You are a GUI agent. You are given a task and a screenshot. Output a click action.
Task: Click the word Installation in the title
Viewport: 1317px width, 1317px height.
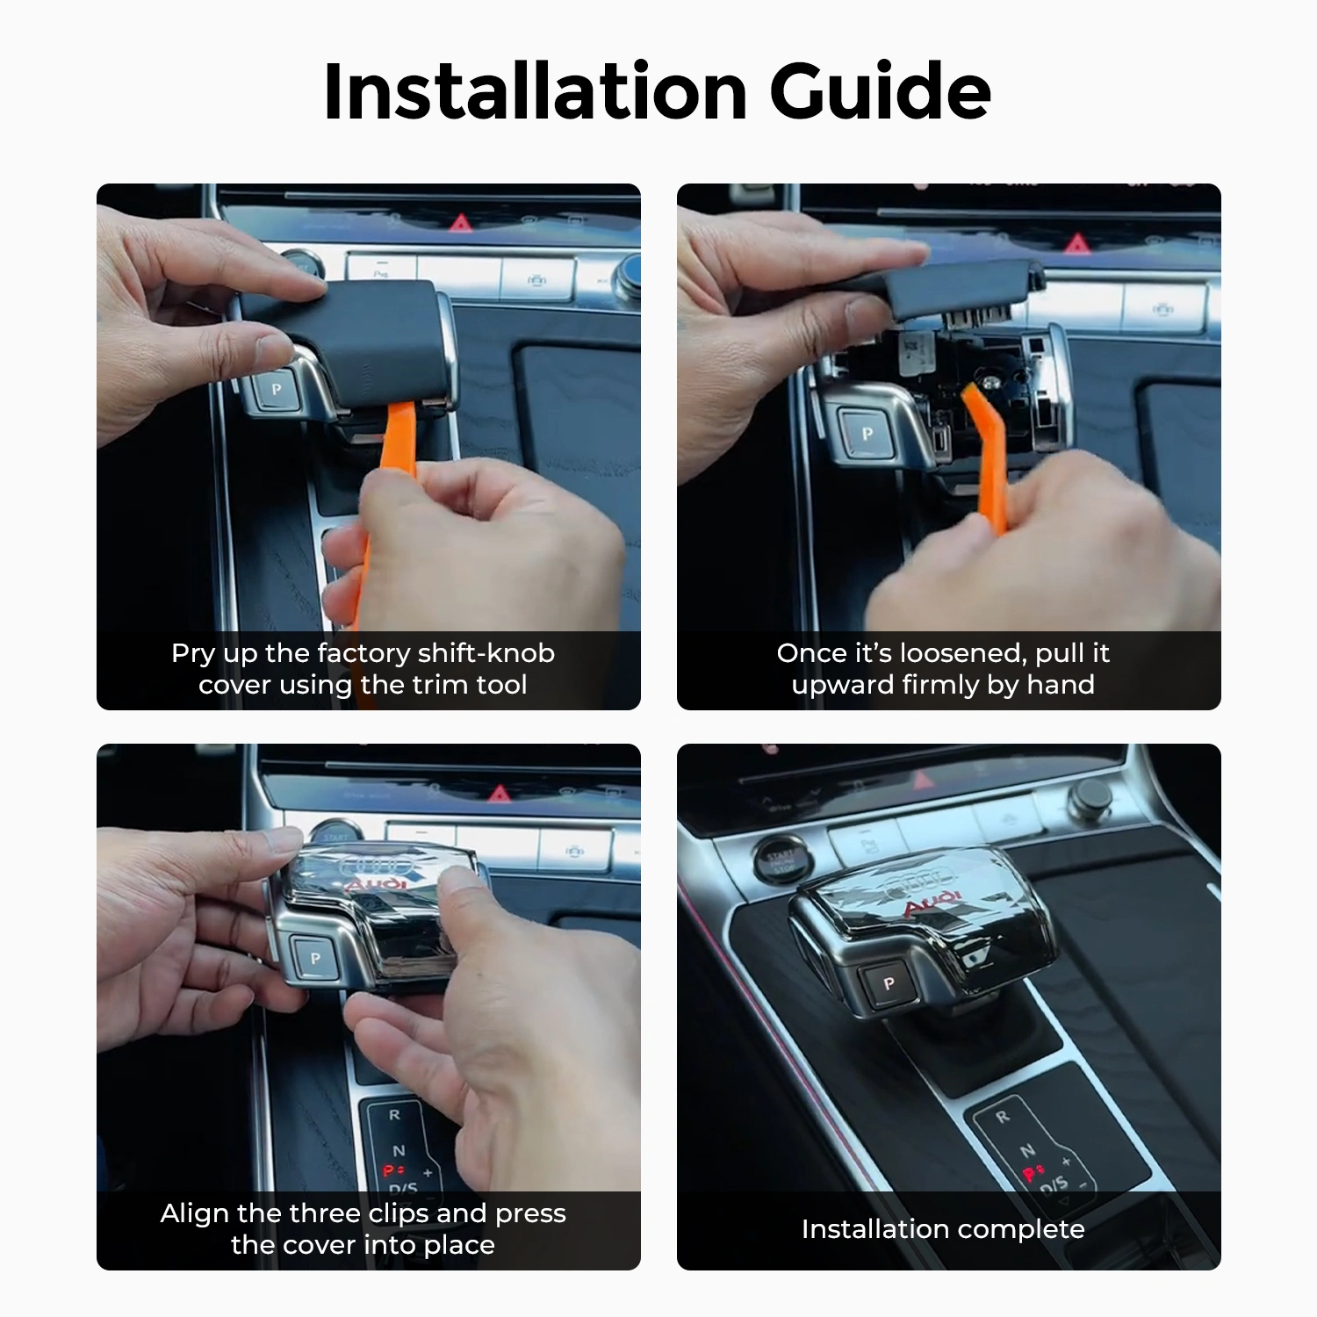[535, 91]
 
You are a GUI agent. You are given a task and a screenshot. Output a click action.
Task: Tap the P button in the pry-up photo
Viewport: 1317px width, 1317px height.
[277, 389]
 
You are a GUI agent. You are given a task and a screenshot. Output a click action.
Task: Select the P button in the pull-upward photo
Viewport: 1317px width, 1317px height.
[867, 433]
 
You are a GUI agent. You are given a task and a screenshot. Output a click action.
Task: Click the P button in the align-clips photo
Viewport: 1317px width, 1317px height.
[315, 958]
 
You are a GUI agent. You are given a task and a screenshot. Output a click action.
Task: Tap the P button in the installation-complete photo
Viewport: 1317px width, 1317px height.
[889, 983]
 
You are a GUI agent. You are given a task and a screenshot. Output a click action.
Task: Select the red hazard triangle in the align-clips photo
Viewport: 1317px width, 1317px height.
[499, 795]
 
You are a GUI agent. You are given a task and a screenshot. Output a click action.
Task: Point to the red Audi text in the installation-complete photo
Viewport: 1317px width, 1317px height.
[932, 903]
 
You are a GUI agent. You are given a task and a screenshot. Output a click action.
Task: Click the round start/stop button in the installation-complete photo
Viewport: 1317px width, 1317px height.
[780, 860]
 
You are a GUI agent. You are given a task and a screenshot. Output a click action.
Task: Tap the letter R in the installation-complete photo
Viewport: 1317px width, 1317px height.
[1002, 1117]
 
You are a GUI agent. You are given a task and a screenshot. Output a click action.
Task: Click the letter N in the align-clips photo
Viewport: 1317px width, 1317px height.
[399, 1150]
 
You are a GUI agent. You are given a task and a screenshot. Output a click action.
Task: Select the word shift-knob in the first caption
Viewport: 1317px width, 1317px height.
[486, 653]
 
